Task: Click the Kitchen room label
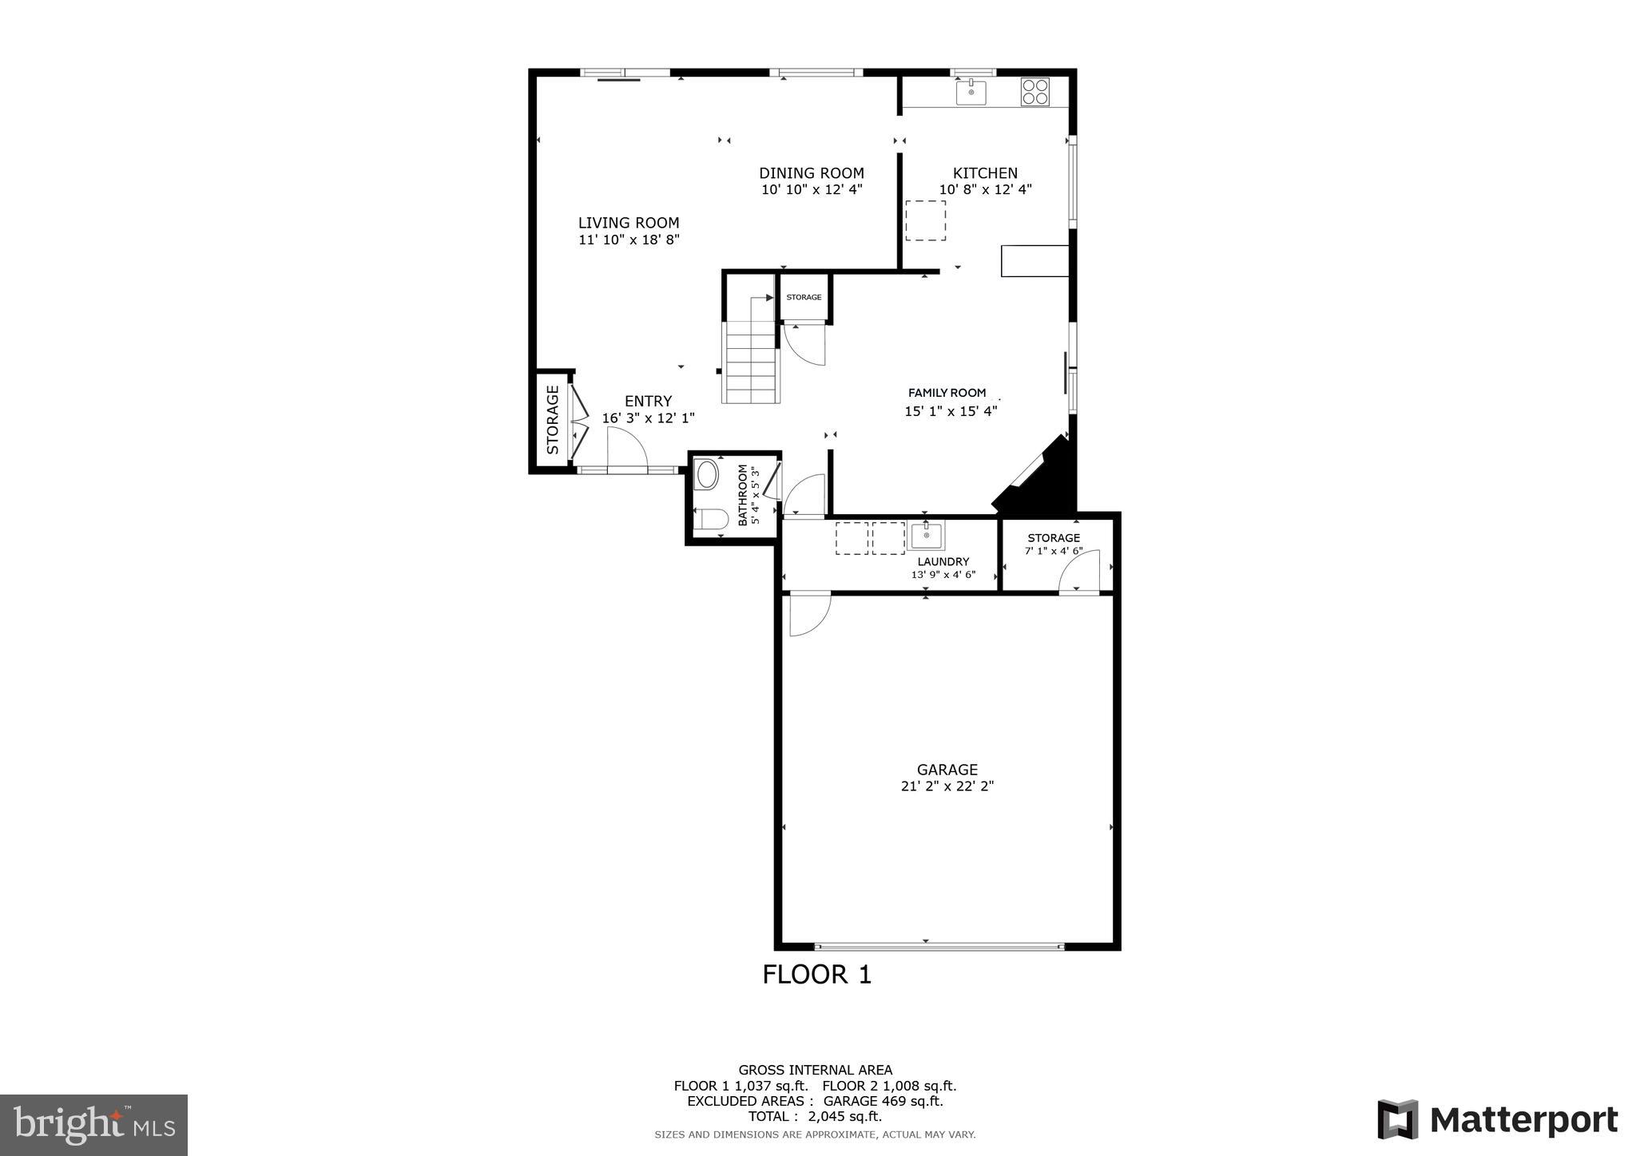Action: (985, 173)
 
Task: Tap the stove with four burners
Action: (1034, 92)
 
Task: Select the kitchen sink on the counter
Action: (971, 93)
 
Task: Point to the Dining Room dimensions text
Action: (812, 190)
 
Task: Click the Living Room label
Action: (629, 224)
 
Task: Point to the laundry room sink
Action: (926, 535)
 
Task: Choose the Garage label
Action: (947, 770)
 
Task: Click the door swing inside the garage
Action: (808, 615)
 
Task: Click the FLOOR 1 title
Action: (816, 975)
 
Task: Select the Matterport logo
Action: (1498, 1120)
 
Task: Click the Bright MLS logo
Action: (93, 1125)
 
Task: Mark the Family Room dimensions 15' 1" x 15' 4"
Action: (951, 412)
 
